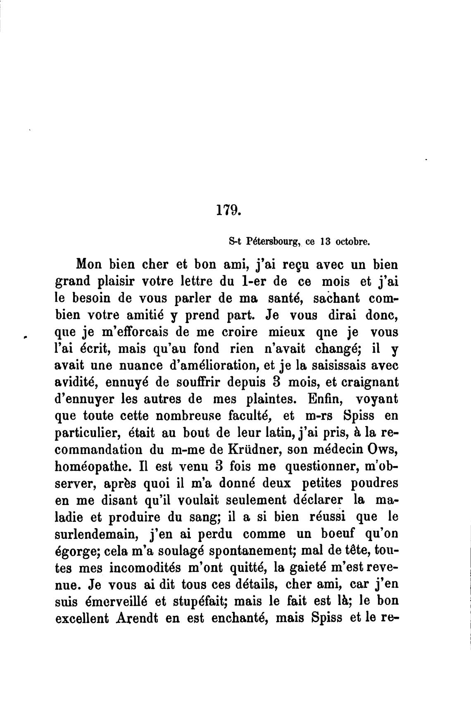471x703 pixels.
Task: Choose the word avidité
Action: (76, 382)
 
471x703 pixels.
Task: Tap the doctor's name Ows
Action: (383, 450)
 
